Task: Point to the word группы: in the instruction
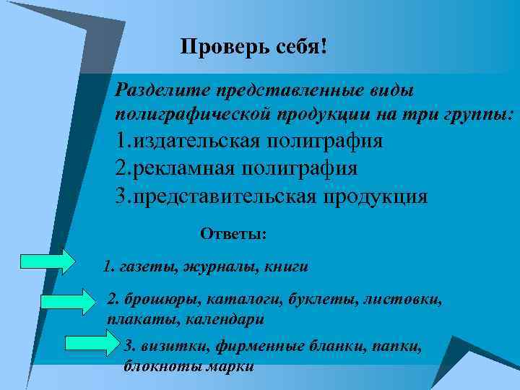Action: [483, 114]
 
